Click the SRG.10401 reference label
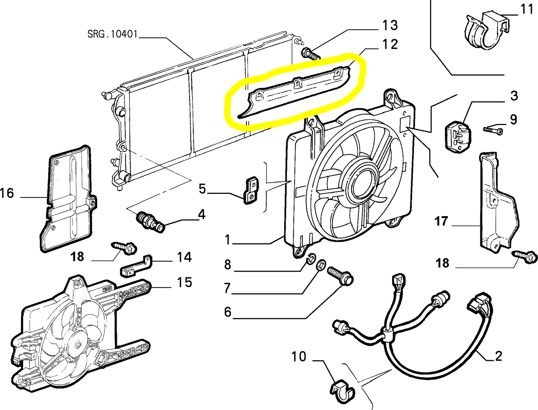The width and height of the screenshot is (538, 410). coord(112,34)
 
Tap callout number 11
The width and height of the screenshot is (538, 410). coord(526,9)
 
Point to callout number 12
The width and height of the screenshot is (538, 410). coord(389,44)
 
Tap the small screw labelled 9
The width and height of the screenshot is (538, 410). coord(493,130)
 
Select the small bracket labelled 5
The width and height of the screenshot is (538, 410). coord(251,190)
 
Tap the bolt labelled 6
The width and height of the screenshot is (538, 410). coord(340,277)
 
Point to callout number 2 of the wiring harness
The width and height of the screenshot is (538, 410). coord(498,356)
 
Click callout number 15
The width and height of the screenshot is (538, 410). coord(184,282)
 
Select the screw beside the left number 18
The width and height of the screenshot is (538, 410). coord(124,247)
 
